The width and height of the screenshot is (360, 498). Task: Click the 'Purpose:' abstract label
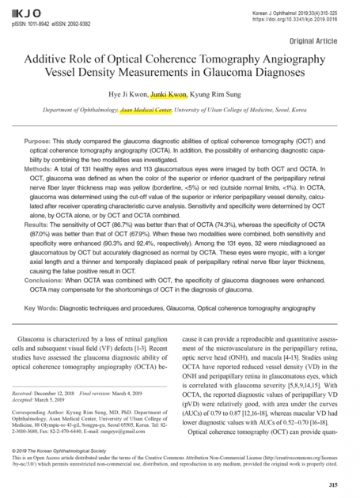tap(41, 140)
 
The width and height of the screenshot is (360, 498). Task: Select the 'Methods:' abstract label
tap(41, 171)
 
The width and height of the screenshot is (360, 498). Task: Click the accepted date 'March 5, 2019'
tap(65, 400)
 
